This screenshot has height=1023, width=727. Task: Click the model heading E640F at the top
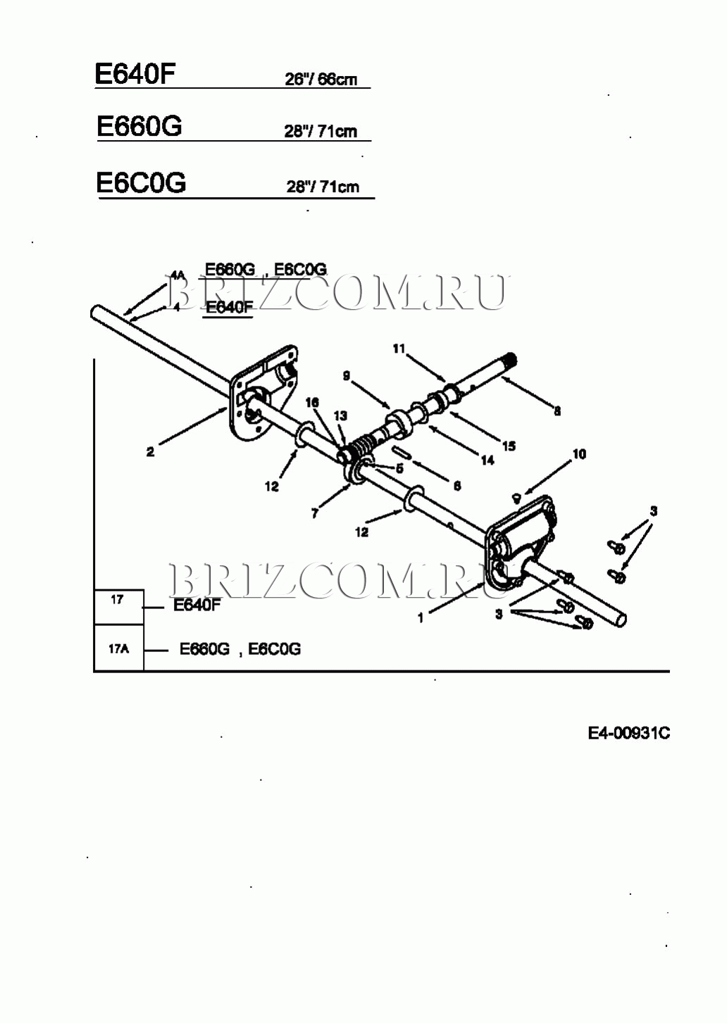[x=135, y=73]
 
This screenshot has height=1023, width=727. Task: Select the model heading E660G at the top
[x=139, y=127]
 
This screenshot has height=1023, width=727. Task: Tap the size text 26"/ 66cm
[x=321, y=80]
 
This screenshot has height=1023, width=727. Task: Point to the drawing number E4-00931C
[x=628, y=734]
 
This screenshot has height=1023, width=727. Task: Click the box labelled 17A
[x=119, y=648]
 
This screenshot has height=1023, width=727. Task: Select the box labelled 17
[x=118, y=600]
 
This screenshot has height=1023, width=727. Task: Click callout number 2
[x=150, y=453]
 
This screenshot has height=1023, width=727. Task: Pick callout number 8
[x=557, y=411]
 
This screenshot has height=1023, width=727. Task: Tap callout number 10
[x=578, y=454]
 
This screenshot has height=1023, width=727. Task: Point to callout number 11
[x=399, y=349]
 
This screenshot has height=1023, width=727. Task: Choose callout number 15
[x=509, y=446]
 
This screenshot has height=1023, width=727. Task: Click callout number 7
[x=315, y=513]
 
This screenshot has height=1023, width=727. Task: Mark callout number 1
[x=421, y=618]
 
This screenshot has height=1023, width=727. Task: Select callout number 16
[x=312, y=402]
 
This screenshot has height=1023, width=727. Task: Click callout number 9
[x=346, y=377]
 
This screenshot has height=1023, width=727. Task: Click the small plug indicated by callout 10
[x=516, y=497]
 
